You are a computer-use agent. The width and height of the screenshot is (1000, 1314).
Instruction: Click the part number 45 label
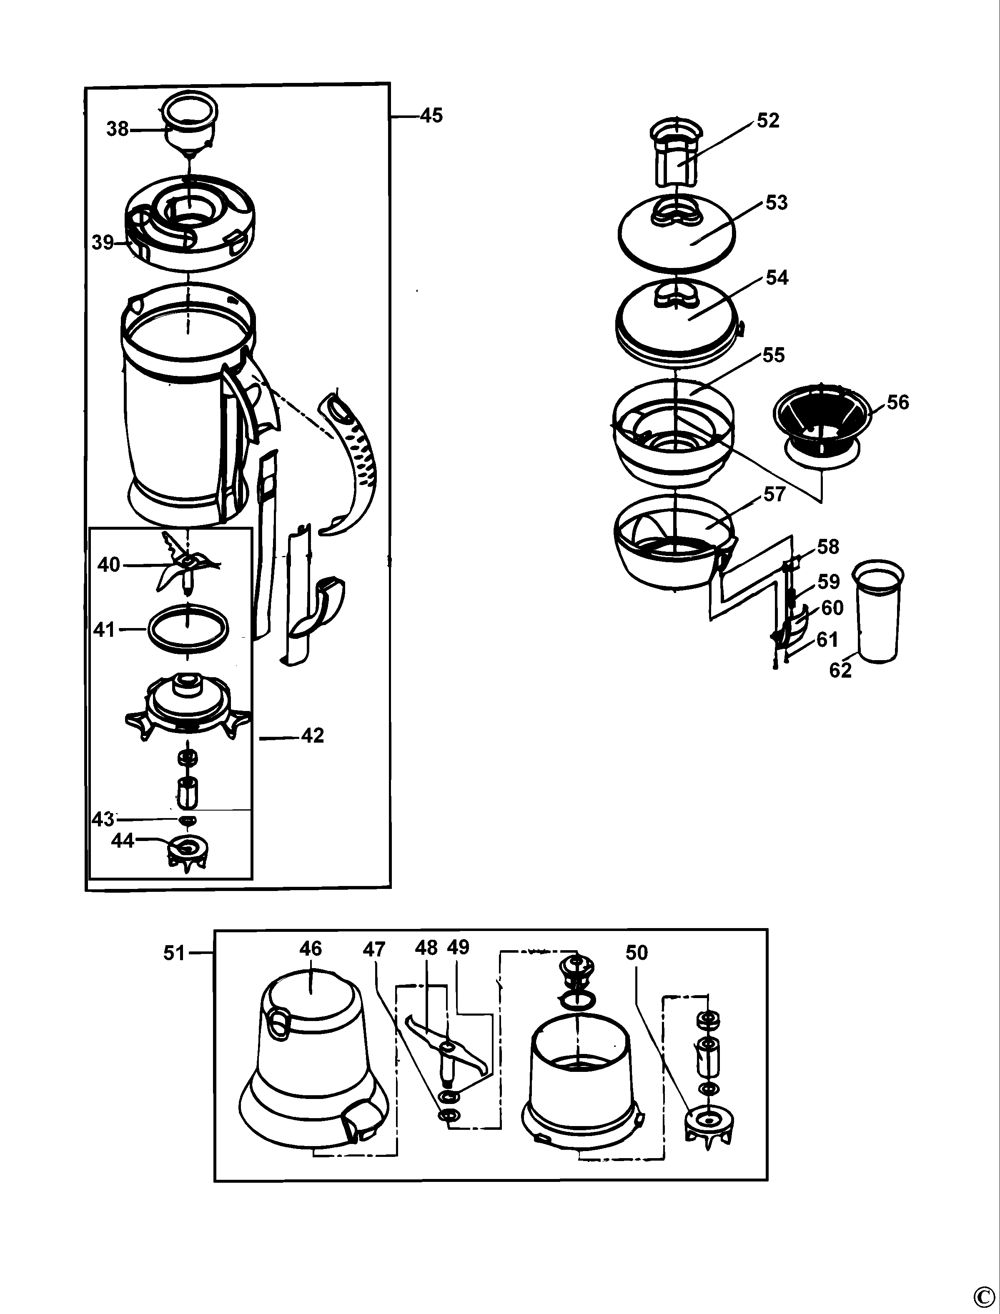(431, 115)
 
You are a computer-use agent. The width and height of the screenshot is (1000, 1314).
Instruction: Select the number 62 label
(840, 671)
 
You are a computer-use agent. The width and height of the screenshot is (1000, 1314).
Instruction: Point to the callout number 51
(174, 954)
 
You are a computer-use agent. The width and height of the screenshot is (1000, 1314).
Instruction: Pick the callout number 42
(313, 736)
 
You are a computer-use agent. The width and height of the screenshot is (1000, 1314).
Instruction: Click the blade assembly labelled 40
(186, 566)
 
